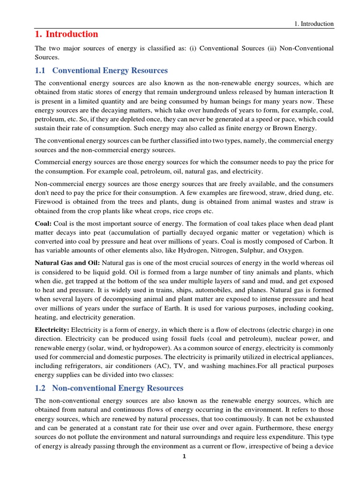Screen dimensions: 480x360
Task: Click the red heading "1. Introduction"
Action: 67,34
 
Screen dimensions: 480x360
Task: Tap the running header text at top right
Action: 313,24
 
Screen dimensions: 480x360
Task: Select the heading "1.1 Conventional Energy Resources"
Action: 102,71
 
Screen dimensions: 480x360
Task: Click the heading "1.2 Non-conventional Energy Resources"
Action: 109,388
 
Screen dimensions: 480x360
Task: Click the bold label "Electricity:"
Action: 52,330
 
